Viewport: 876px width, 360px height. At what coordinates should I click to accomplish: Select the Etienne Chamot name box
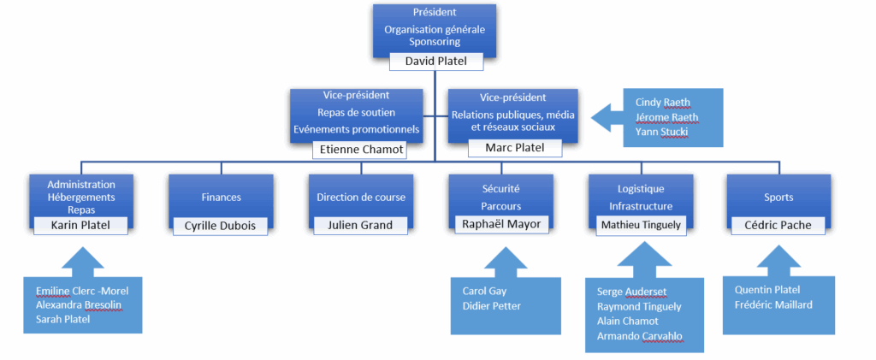tap(358, 150)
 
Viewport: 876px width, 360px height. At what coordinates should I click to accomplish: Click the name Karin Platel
tap(81, 225)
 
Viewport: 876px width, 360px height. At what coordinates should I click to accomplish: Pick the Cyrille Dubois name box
tap(221, 226)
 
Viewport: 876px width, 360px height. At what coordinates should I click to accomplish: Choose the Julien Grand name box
tap(360, 226)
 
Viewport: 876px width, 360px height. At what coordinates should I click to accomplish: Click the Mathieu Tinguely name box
tap(640, 225)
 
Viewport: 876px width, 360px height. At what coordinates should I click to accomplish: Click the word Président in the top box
tap(434, 13)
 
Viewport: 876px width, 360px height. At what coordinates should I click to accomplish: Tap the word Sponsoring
tap(434, 41)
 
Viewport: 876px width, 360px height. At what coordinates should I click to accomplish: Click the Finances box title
tap(221, 197)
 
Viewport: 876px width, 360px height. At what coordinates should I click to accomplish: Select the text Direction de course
tap(360, 197)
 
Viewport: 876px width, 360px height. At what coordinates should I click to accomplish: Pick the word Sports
tap(778, 197)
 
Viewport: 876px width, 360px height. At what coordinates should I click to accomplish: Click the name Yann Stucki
tap(661, 132)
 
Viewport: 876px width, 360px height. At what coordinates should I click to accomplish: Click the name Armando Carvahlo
tap(640, 334)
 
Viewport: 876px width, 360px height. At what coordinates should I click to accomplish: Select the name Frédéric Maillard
tap(772, 304)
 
